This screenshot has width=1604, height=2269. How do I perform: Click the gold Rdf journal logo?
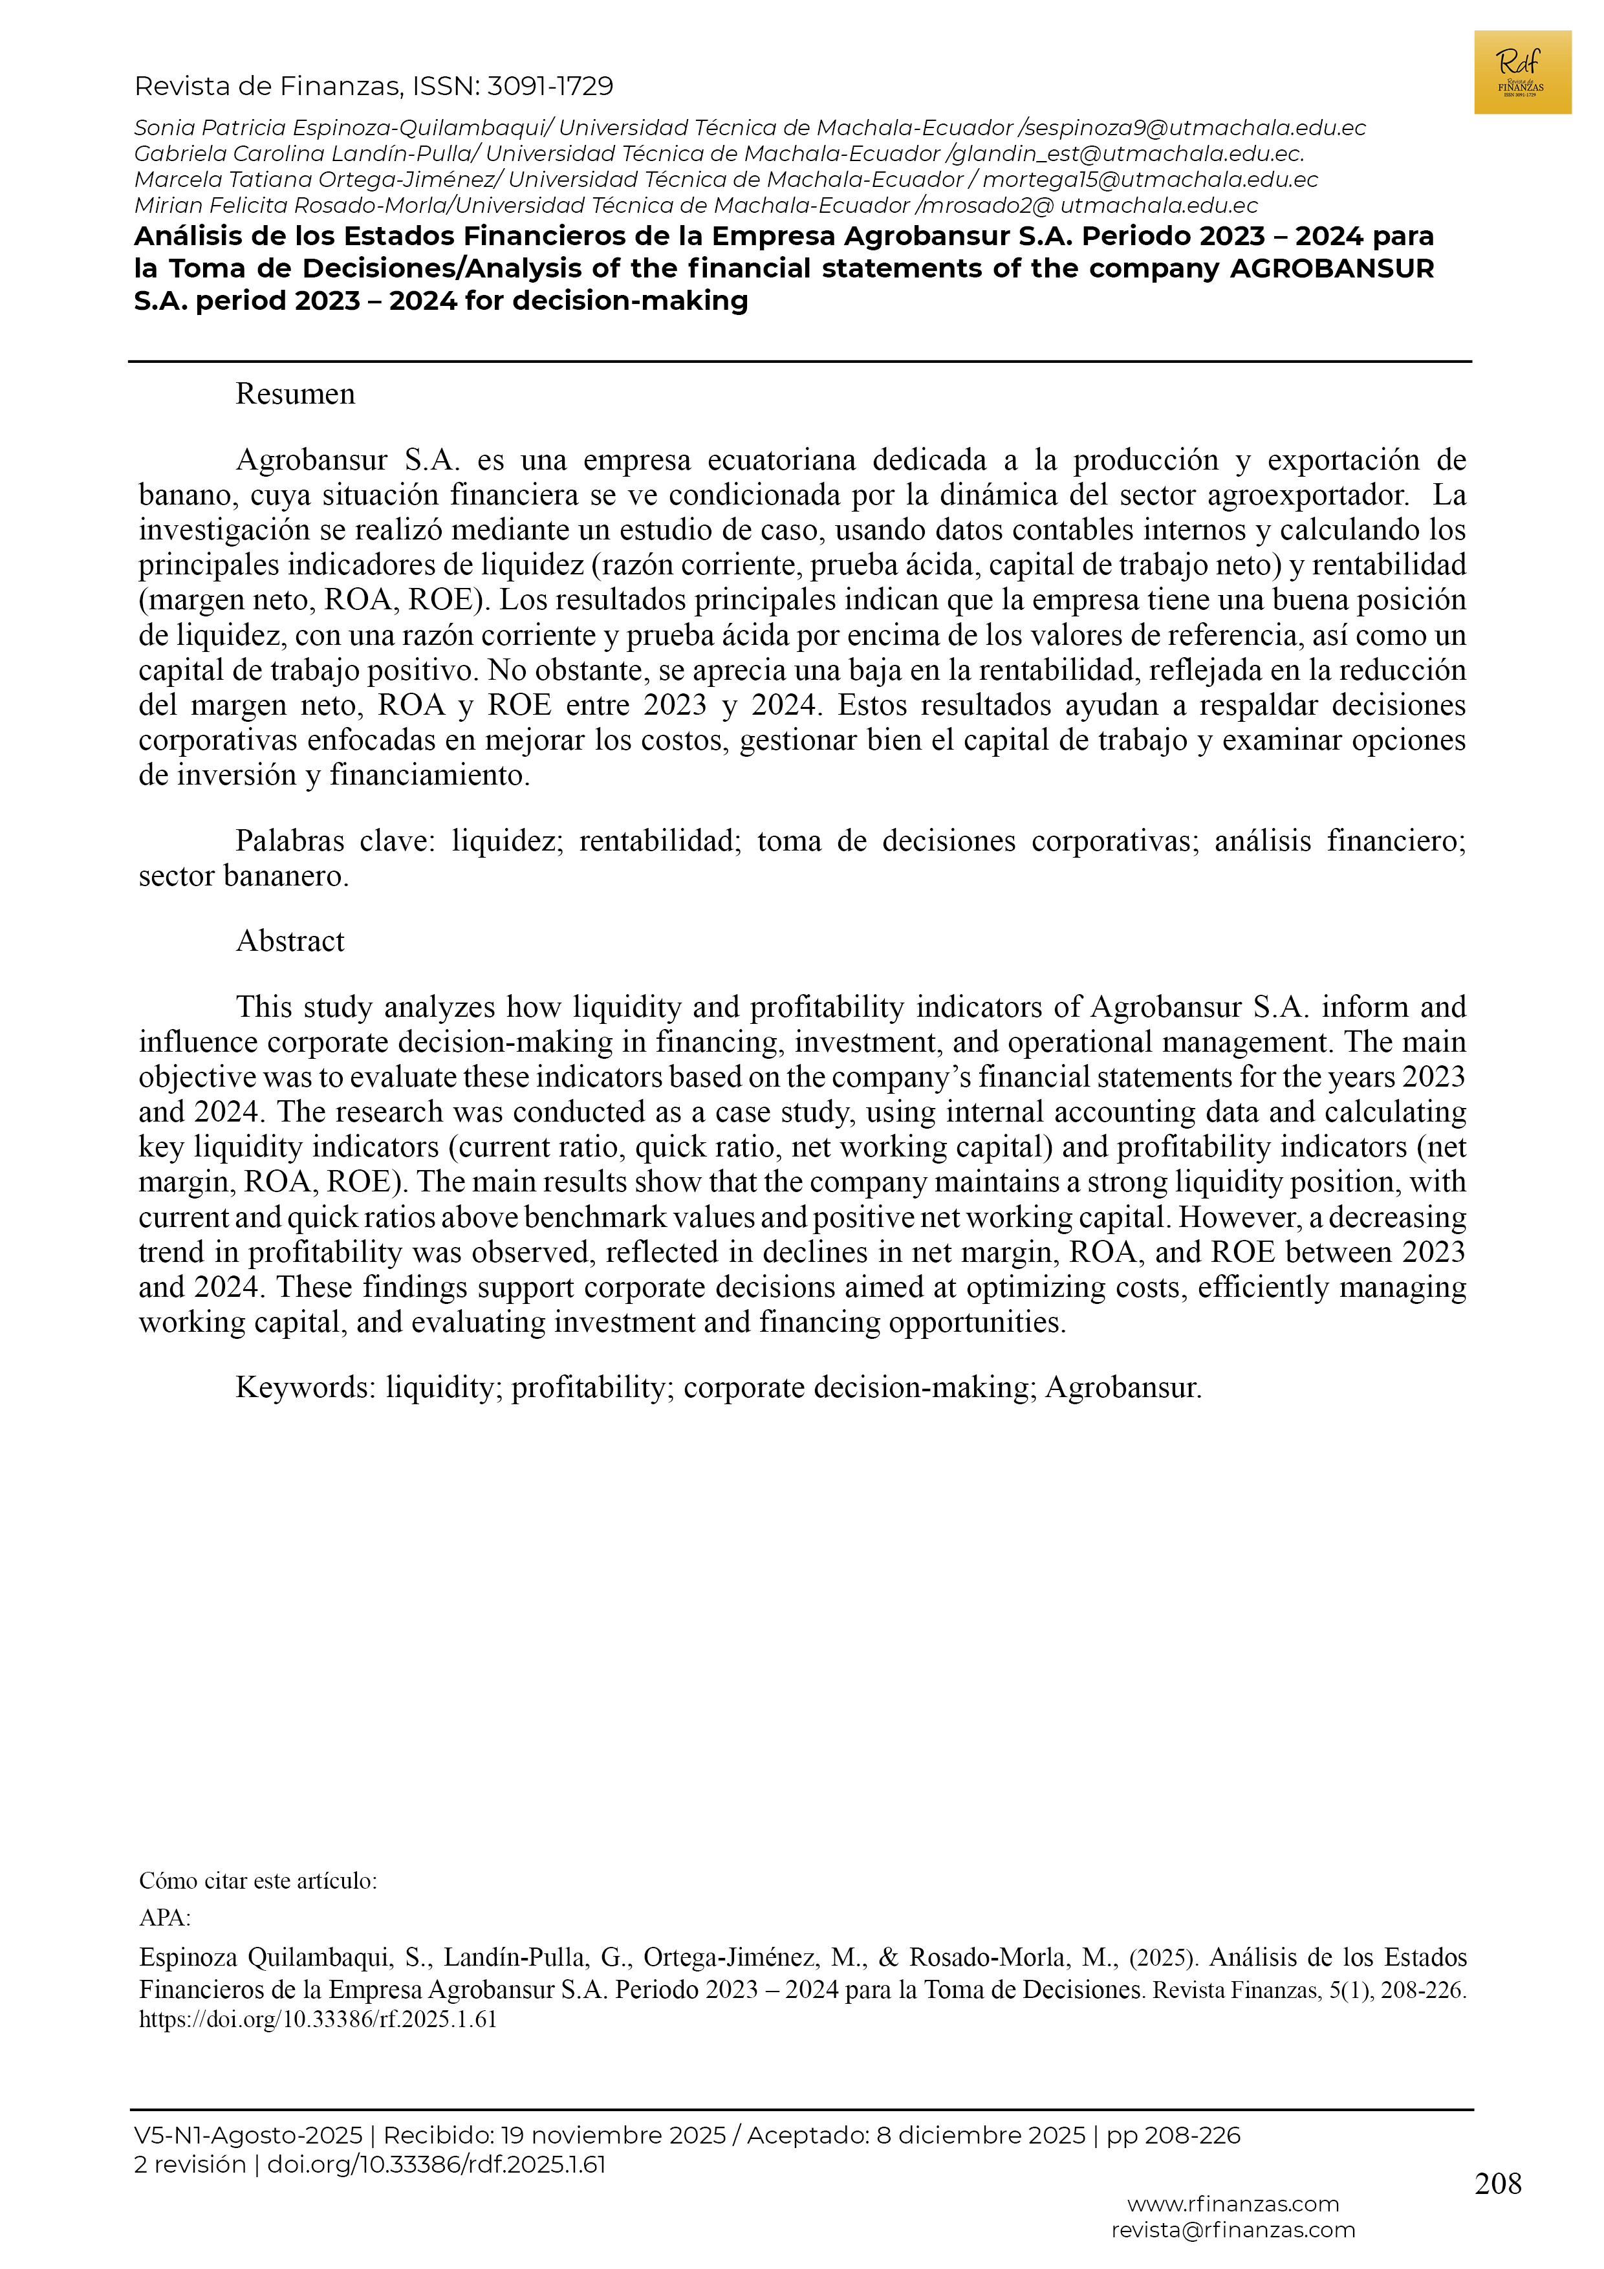1521,72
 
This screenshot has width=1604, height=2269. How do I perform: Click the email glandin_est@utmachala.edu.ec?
1127,154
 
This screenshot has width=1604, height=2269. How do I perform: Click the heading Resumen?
294,395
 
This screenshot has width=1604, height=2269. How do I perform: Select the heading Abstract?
290,941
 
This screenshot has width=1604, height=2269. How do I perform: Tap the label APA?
164,1918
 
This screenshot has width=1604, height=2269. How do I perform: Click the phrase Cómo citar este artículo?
257,1881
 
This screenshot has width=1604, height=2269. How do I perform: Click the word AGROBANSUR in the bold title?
1331,269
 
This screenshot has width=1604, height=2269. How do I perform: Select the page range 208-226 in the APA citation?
1422,1990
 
